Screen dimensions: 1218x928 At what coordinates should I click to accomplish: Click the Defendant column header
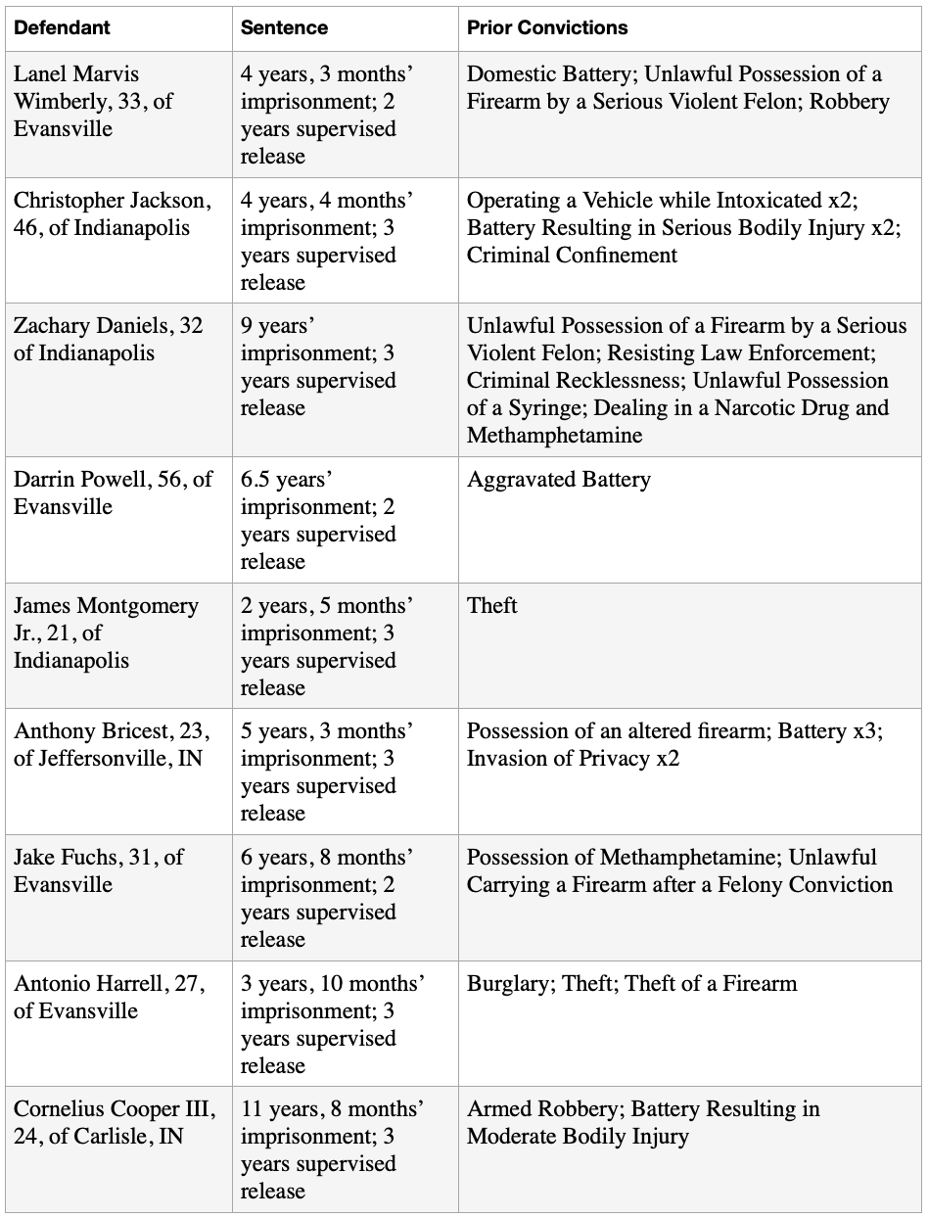click(x=62, y=27)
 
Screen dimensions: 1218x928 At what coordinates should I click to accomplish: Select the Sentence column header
click(x=283, y=27)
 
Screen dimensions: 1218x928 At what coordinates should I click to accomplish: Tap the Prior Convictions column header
click(x=547, y=27)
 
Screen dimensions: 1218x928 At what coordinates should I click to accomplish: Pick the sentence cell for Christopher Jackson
click(x=327, y=241)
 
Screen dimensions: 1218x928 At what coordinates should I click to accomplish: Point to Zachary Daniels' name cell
click(x=108, y=339)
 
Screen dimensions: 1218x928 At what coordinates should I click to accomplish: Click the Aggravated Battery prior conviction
click(x=558, y=480)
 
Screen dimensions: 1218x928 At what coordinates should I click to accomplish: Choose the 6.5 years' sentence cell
click(x=318, y=520)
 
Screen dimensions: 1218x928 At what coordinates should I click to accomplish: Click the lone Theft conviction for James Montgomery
click(x=492, y=606)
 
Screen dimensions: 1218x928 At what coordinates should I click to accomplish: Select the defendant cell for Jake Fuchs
click(x=98, y=870)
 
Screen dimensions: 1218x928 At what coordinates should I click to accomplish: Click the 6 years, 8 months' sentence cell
click(x=327, y=898)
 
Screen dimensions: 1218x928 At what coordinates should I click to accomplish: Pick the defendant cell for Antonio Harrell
click(x=109, y=997)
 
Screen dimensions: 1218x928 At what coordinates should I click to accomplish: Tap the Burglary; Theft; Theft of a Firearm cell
click(x=631, y=984)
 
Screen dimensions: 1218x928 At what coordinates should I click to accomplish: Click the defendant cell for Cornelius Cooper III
click(x=114, y=1122)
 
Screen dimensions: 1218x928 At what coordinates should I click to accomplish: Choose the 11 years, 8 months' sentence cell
click(x=332, y=1149)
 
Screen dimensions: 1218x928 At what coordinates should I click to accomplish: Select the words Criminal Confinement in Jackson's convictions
click(x=572, y=255)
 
